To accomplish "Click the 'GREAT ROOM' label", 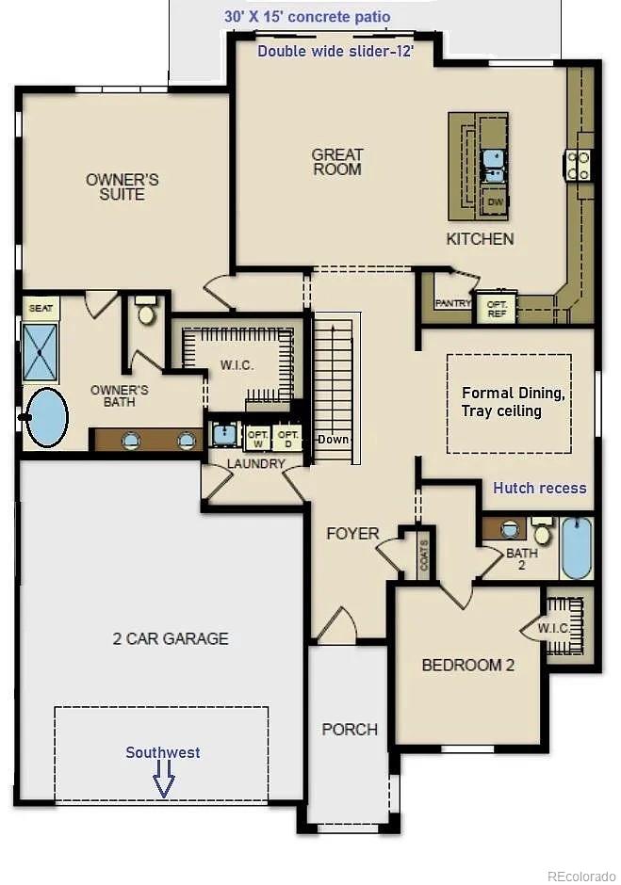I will coord(337,162).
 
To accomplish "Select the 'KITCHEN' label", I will coord(480,239).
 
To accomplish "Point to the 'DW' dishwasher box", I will coord(495,201).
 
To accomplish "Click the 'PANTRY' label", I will coord(451,303).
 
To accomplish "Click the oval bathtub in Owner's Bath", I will coord(46,416).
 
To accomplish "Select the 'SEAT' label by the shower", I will coord(40,308).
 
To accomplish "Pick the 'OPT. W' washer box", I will coord(257,438).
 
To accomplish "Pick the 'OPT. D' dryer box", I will coord(288,438).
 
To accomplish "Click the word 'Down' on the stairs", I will coord(333,440).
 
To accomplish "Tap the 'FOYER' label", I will coord(352,534).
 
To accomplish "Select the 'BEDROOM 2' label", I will coord(467,665).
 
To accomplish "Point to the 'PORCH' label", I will coord(350,729).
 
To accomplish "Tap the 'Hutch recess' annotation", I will coord(539,488).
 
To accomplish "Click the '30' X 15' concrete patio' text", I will coord(307,17).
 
